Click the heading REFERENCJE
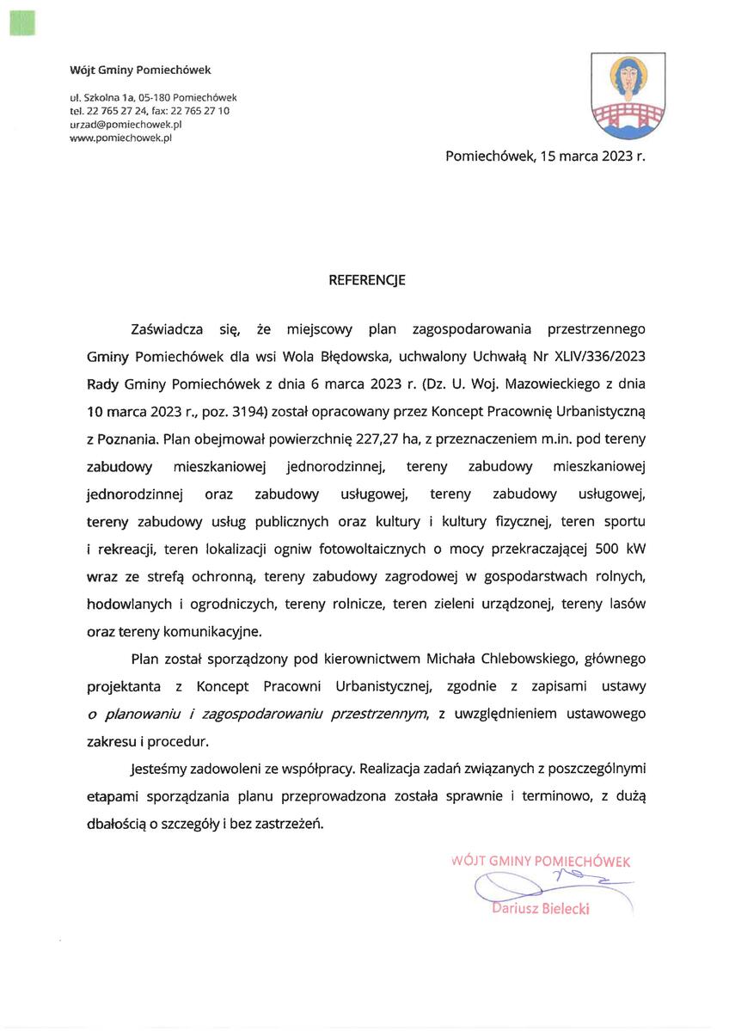pyautogui.click(x=367, y=280)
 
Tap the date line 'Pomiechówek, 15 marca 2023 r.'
pyautogui.click(x=545, y=156)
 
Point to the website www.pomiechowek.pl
pyautogui.click(x=121, y=137)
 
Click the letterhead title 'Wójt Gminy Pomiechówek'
pyautogui.click(x=140, y=70)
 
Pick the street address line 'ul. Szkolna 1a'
pyautogui.click(x=101, y=98)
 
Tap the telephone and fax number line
pyautogui.click(x=150, y=111)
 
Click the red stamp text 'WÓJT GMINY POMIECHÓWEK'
pyautogui.click(x=541, y=861)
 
